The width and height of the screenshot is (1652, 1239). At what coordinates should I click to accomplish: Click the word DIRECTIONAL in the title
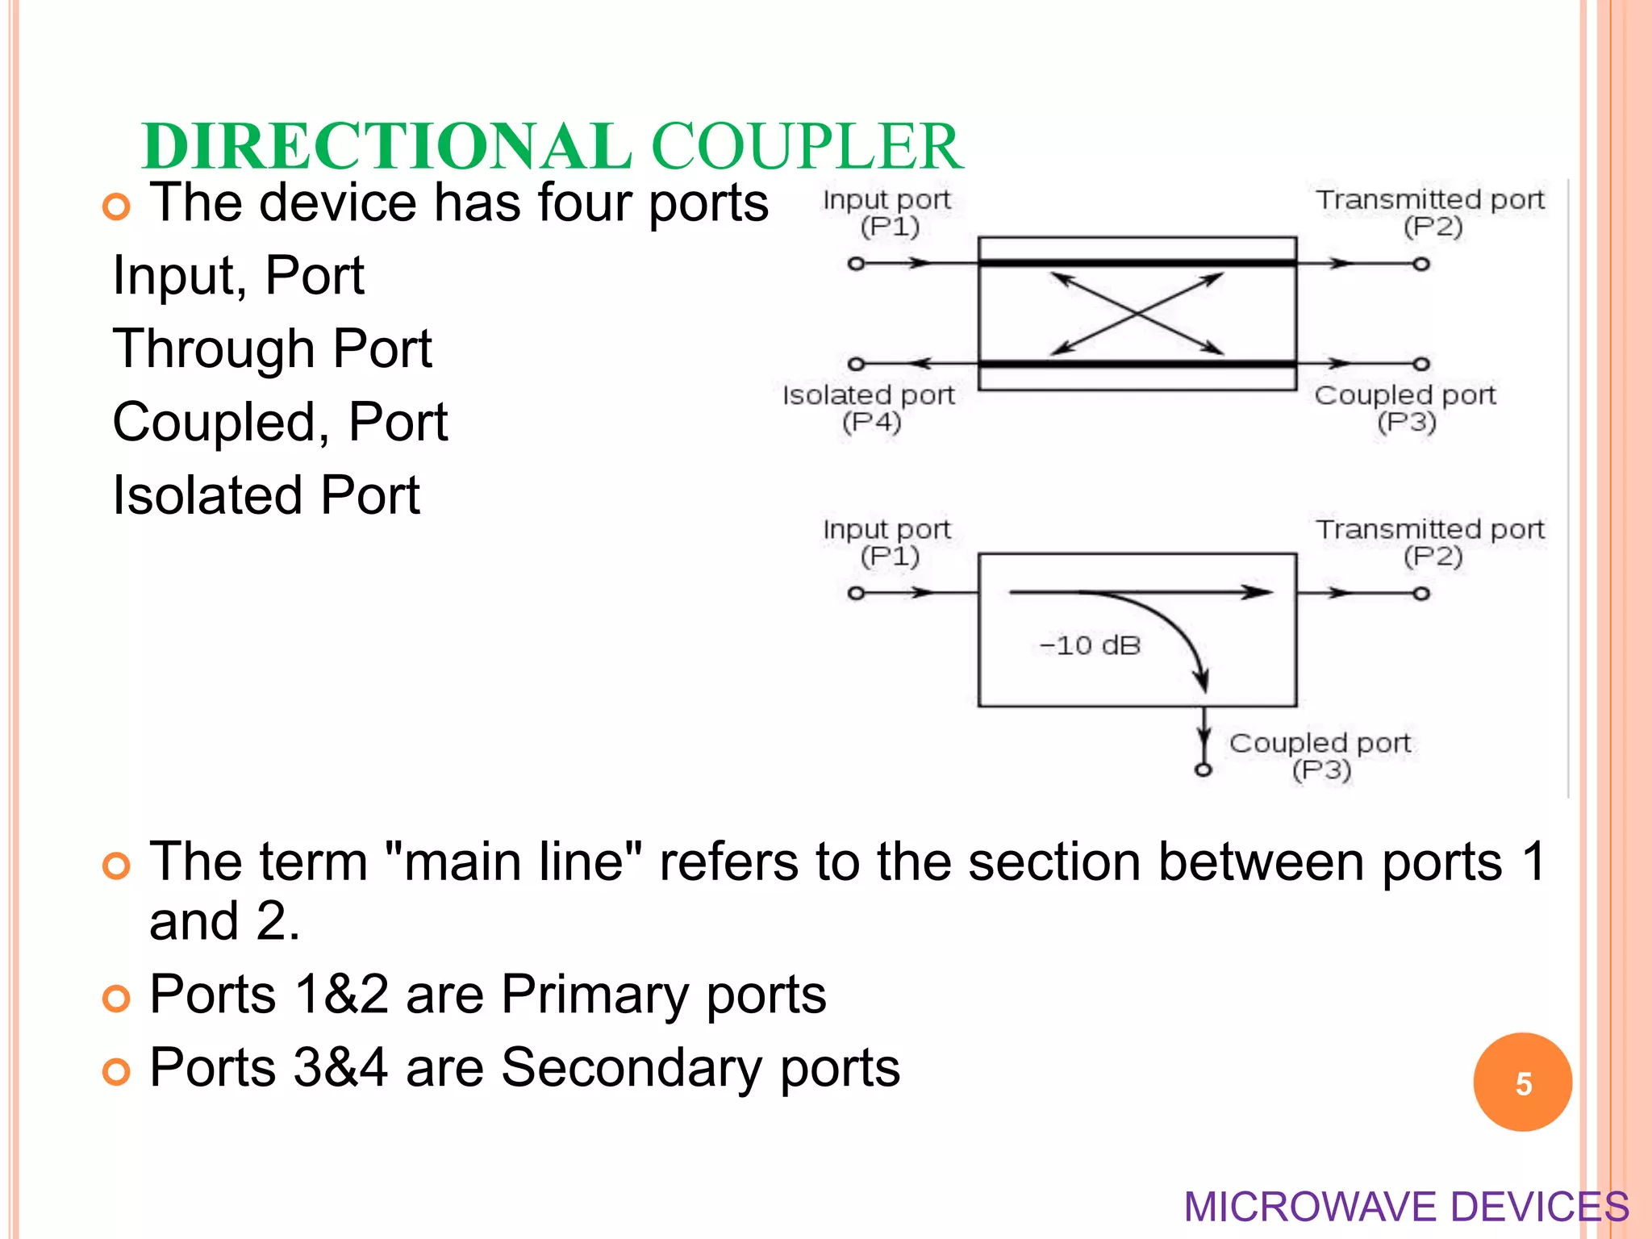pos(386,146)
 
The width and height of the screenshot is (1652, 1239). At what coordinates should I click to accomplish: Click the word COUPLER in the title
pos(806,146)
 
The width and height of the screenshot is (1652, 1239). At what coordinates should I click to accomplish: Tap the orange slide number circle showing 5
pos(1522,1083)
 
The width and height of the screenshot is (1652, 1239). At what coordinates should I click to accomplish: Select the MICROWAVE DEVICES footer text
pos(1406,1207)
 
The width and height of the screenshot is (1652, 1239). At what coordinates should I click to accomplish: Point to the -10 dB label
pos(1090,645)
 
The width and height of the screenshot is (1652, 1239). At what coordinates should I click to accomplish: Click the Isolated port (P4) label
pos(869,408)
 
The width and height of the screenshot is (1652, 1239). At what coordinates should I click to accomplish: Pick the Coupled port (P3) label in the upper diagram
pos(1405,408)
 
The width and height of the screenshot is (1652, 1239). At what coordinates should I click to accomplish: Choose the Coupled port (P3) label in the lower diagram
pos(1320,756)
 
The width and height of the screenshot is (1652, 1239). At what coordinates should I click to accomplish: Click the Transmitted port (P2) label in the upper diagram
pos(1430,212)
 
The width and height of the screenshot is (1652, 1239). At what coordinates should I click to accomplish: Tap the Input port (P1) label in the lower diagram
pos(887,542)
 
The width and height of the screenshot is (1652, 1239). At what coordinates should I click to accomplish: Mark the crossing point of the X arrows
pos(1137,313)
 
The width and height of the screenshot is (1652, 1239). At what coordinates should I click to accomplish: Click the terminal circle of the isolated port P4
pos(857,365)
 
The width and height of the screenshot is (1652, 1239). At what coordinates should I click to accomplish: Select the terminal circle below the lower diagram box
pos(1204,770)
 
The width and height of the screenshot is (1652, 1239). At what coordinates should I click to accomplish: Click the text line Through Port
pos(273,348)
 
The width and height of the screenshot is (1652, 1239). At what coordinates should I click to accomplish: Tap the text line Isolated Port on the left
pos(266,494)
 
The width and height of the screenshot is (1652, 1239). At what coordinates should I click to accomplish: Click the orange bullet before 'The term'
pos(117,867)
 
